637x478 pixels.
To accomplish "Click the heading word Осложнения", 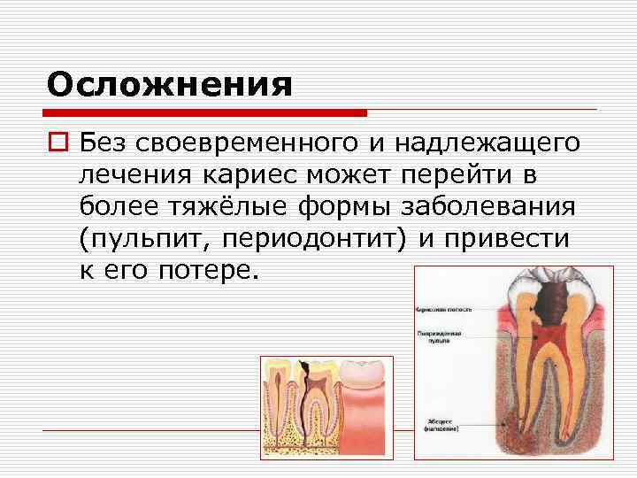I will click(x=170, y=85).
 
